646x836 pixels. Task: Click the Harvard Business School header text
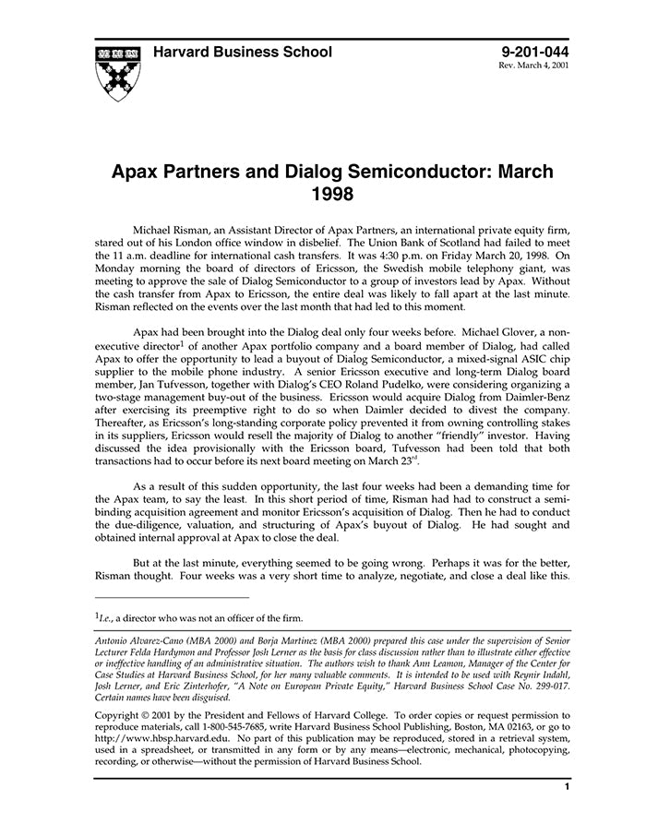(243, 53)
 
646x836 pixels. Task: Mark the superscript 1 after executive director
(160, 340)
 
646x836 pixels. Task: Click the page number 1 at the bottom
(566, 787)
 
